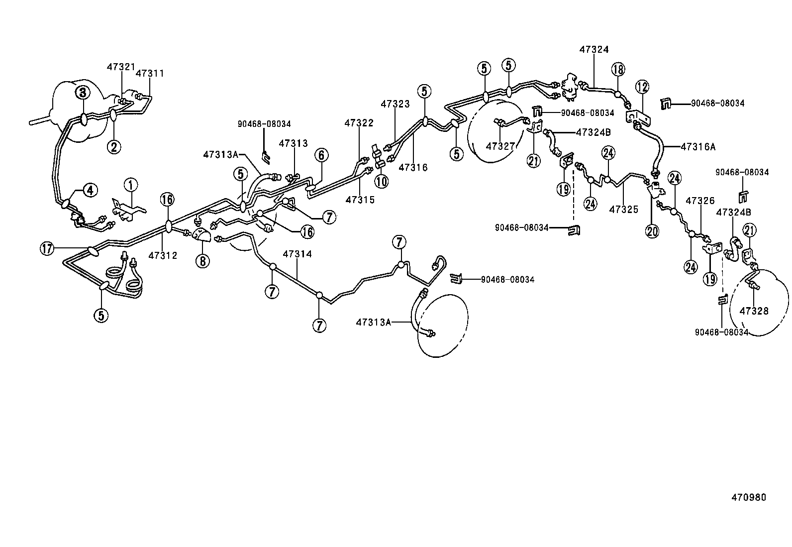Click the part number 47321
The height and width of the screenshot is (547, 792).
click(x=120, y=67)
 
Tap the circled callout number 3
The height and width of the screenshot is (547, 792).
click(x=82, y=92)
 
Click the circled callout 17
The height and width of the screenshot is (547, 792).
click(x=47, y=249)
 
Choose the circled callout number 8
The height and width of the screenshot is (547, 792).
click(x=202, y=261)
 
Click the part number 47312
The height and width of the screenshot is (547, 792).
click(x=163, y=255)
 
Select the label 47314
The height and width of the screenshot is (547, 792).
click(x=297, y=254)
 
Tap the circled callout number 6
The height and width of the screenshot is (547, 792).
click(x=321, y=155)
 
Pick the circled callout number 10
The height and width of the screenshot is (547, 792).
click(x=382, y=182)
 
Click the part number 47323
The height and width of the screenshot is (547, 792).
click(x=396, y=104)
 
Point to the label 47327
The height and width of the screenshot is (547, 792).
click(x=500, y=146)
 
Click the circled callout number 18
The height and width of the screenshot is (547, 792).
click(x=618, y=69)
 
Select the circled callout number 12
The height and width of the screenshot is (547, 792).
click(x=642, y=87)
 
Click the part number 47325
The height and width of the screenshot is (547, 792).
click(x=623, y=210)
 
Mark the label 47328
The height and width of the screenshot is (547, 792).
click(x=754, y=311)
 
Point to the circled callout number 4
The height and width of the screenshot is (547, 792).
click(x=90, y=190)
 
